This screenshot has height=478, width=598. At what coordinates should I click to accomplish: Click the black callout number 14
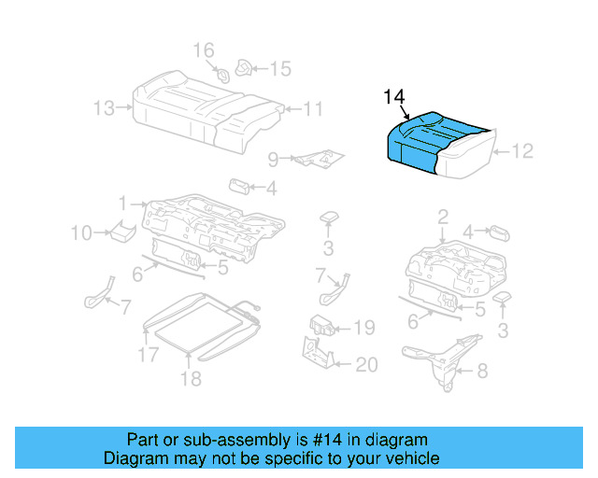click(393, 97)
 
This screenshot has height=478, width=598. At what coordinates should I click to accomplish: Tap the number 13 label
click(106, 108)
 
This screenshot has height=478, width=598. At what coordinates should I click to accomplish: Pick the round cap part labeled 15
click(246, 66)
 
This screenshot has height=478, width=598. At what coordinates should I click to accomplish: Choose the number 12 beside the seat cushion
click(522, 150)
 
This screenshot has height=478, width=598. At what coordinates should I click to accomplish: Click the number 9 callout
click(273, 159)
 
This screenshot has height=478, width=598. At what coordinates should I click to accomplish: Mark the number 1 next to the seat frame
click(122, 203)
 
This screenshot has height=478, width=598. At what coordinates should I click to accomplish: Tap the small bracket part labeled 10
click(118, 230)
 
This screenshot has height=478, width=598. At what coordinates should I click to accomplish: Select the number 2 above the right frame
click(442, 218)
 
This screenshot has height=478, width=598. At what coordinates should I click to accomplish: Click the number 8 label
click(482, 372)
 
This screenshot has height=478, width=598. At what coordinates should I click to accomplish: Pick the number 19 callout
click(363, 328)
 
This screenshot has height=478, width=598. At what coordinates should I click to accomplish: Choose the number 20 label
click(365, 365)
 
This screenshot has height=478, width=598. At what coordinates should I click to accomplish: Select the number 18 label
click(191, 378)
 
